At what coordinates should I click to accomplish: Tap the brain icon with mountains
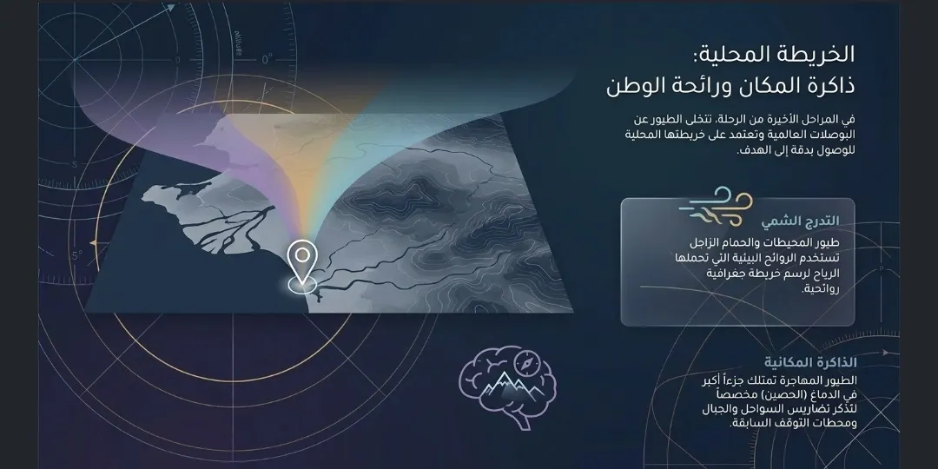click(x=507, y=386)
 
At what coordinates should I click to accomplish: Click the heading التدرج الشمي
click(x=800, y=221)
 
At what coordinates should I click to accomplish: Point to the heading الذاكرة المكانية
click(x=810, y=362)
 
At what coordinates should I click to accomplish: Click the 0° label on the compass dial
click(x=268, y=59)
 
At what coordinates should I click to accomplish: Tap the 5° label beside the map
click(x=77, y=256)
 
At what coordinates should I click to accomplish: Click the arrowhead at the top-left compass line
click(x=171, y=8)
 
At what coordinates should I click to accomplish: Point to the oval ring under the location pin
click(x=302, y=285)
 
